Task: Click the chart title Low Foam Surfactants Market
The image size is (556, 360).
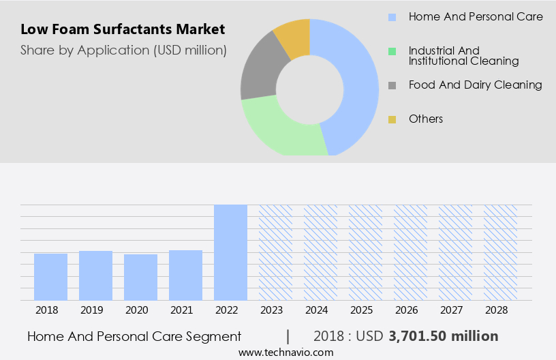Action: coord(123,30)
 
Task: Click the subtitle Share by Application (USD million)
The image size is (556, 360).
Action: coord(123,50)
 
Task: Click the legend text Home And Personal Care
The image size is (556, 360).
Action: coord(475,16)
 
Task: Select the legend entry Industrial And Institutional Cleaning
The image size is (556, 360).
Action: coord(463,55)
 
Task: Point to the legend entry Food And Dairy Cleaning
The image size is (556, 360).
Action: coord(475,85)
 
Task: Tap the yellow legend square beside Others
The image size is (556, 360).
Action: coord(392,119)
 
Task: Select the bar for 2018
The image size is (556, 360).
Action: coord(50,276)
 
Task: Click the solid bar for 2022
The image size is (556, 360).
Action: coord(230,252)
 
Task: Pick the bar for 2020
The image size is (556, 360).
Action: coord(140,277)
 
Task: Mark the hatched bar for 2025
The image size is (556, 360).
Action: coord(365,252)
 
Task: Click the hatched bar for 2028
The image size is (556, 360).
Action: coord(500,252)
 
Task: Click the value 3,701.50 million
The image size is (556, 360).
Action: coord(443,336)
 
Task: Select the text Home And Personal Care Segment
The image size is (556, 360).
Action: coord(134,336)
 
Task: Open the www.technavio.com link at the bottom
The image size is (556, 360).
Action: coord(286,352)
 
